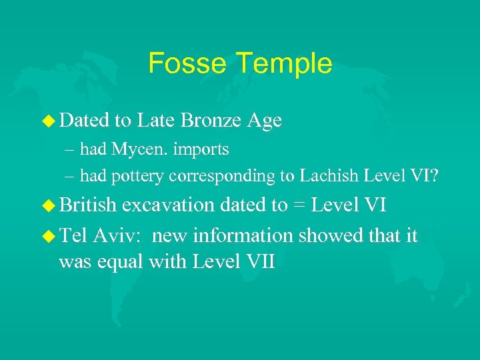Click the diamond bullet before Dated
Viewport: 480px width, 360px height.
click(49, 121)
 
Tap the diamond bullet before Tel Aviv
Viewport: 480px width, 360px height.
click(49, 236)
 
